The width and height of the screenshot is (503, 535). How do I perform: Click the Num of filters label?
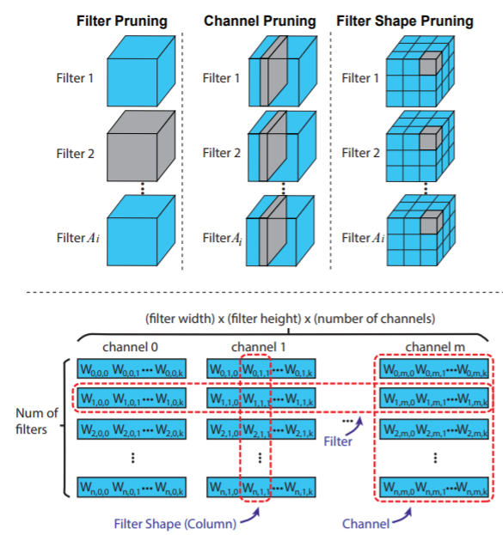coord(37,421)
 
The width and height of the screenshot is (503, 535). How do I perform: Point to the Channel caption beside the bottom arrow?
coord(369,521)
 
